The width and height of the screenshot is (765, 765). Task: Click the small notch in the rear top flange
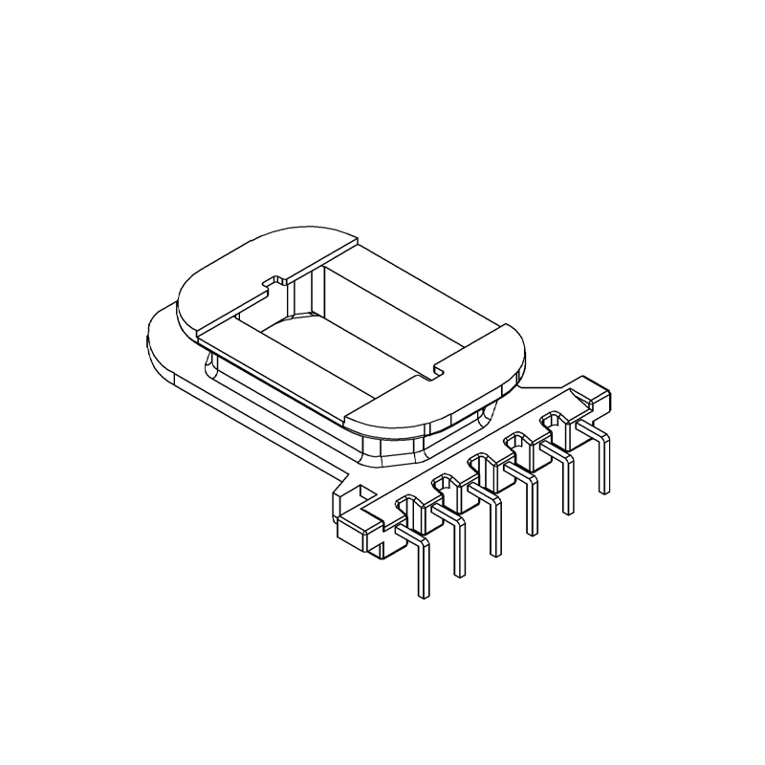pyautogui.click(x=274, y=280)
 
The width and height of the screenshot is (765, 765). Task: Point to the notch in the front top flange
pyautogui.click(x=439, y=366)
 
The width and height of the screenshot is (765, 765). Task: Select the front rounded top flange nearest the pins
pyautogui.click(x=430, y=402)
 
